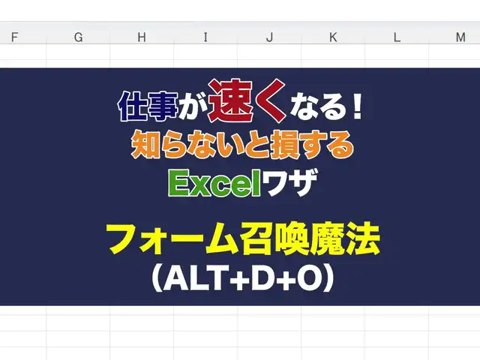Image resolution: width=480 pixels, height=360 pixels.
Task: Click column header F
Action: coord(14,37)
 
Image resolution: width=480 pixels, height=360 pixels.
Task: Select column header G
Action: coord(78,37)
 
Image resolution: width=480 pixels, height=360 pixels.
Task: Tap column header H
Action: coord(142,37)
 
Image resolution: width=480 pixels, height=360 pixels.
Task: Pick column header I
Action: coord(205,37)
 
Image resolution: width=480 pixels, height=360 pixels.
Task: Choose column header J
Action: coord(269,37)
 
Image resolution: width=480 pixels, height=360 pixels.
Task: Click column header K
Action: coord(333,37)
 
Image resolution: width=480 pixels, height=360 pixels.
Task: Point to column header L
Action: coord(397,37)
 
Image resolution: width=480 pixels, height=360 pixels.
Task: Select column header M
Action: coord(460,37)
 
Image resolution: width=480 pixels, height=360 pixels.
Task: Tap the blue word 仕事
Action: coord(148,106)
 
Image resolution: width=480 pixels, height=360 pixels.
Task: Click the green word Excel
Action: coord(214,183)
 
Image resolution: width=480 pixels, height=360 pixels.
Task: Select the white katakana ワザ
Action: coord(289,183)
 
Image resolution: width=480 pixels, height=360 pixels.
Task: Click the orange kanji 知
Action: coord(145,144)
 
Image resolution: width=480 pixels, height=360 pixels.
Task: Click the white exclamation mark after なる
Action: coord(357,106)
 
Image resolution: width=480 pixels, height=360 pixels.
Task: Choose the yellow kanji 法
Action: coord(364,238)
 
